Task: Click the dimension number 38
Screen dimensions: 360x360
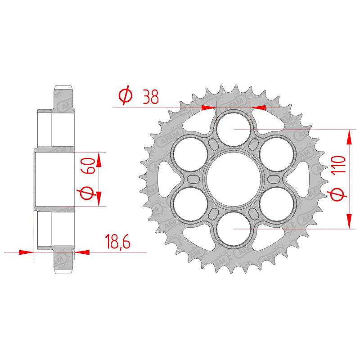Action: pos(151,97)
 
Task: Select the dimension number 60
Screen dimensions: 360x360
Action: pos(88,166)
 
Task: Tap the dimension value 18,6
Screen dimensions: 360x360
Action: pos(117,242)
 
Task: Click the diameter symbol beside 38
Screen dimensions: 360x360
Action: pos(126,95)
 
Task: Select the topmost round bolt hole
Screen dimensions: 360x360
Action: pos(234,129)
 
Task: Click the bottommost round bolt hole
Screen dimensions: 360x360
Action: pos(234,229)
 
